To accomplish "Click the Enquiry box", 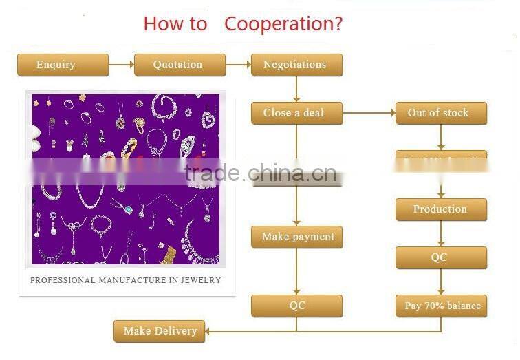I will [x=63, y=65].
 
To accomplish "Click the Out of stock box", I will [x=441, y=113].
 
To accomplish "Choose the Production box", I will [x=441, y=209].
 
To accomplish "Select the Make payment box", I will [x=296, y=237].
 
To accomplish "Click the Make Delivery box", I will [x=160, y=331].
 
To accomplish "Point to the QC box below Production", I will [x=441, y=257].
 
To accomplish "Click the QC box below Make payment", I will [x=296, y=306].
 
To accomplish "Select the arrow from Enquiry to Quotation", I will [x=121, y=65].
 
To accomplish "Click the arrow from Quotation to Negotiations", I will [x=238, y=65].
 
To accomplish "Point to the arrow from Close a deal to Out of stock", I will [x=369, y=113].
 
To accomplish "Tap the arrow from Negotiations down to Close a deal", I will [x=296, y=89].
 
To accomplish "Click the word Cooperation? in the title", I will [x=283, y=24].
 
